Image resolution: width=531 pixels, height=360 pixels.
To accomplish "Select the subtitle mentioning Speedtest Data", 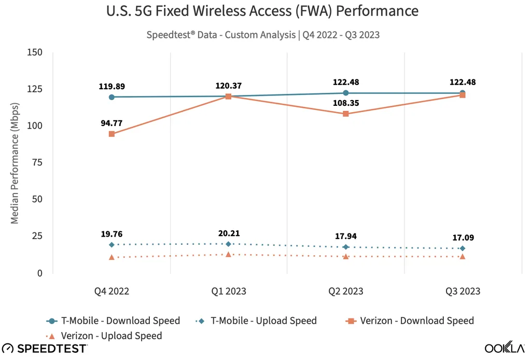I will (263, 35).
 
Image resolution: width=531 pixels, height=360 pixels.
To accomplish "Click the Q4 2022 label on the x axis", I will (111, 291).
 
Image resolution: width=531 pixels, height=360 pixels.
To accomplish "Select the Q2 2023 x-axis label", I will (345, 291).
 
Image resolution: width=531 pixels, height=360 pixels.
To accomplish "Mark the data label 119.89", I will (112, 86).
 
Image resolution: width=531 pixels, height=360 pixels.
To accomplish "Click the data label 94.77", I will (112, 123).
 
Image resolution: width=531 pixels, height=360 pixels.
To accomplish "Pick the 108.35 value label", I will (346, 103).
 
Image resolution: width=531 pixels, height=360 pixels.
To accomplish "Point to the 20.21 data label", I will (229, 233).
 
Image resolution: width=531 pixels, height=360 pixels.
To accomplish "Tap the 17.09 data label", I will (463, 238).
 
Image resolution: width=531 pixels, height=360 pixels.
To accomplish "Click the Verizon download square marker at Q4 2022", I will (111, 134).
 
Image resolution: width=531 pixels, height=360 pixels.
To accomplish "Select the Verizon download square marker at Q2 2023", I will (346, 114).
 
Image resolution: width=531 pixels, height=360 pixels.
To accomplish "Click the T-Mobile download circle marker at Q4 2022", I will (111, 97).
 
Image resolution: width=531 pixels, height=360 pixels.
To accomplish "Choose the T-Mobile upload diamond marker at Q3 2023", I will (463, 248).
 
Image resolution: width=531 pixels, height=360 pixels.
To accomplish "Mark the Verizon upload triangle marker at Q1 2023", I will (229, 254).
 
